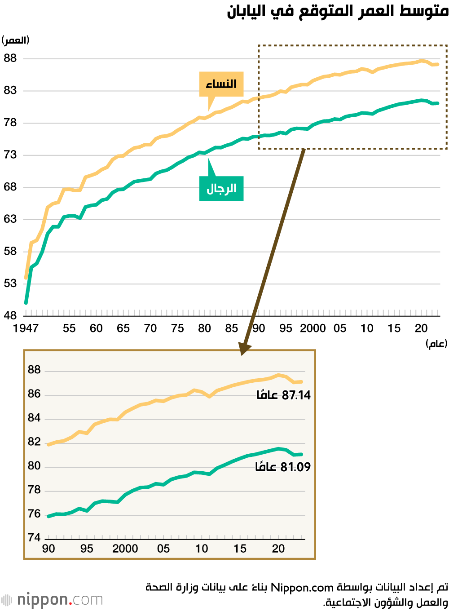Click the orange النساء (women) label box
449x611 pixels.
221,84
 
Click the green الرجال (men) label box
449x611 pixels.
221,188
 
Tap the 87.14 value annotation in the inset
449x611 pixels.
284,395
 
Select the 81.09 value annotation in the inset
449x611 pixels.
283,467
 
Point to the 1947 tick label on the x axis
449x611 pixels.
26,328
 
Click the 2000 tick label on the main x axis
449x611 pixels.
313,328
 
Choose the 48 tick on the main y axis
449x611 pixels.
10,316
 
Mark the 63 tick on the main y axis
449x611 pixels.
10,219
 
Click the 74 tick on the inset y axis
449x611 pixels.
34,538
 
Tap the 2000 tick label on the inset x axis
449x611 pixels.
125,549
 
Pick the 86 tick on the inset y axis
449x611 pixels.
34,394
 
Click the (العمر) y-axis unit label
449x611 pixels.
16,40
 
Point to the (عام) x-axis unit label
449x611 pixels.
436,344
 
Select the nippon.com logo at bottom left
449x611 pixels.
52,600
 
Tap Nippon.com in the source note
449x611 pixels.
302,588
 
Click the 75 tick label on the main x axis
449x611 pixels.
177,328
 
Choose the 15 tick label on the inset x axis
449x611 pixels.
240,549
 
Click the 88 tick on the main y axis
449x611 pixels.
10,58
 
